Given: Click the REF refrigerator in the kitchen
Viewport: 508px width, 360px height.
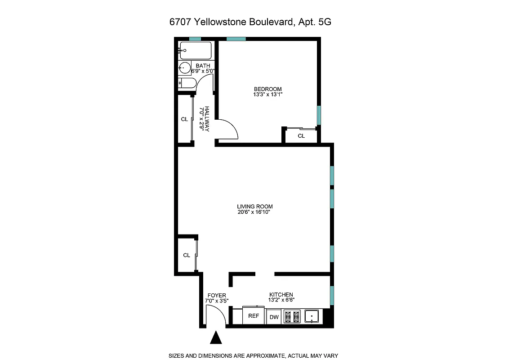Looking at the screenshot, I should (x=254, y=316).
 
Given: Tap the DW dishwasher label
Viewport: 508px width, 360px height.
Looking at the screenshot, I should (x=274, y=317).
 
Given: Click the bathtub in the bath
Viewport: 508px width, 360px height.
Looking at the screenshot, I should (x=195, y=50).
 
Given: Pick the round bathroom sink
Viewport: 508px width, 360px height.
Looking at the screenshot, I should (x=185, y=69).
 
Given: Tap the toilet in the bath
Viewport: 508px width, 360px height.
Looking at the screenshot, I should (x=186, y=83).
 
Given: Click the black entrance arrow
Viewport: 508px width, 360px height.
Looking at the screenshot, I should (x=217, y=337).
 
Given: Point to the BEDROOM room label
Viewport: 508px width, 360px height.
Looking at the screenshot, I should (x=267, y=89).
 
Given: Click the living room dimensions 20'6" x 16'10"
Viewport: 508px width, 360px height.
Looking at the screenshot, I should (x=255, y=212).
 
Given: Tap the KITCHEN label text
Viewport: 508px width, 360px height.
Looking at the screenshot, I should (x=281, y=294).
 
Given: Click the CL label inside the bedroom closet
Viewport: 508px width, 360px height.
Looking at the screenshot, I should (x=301, y=135).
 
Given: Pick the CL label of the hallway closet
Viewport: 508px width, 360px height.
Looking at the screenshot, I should (x=184, y=119).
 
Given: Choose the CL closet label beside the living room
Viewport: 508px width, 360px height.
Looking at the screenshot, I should (x=187, y=255).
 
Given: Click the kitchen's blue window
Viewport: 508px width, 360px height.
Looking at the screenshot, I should (x=332, y=295).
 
